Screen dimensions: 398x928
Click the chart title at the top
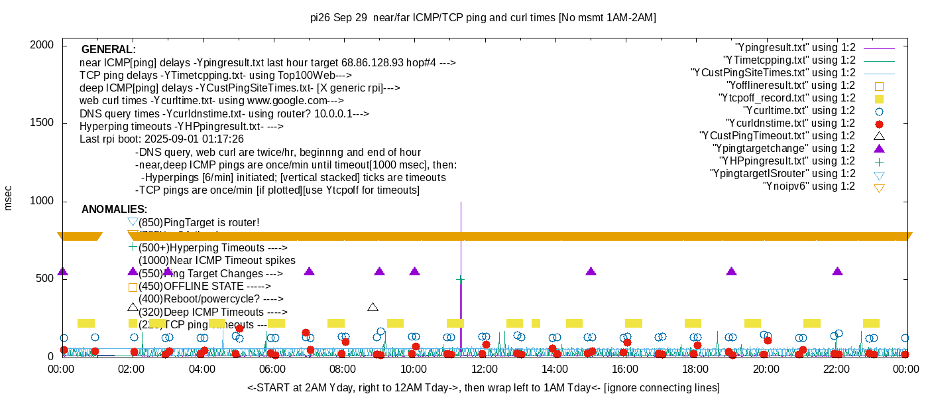pyautogui.click(x=483, y=18)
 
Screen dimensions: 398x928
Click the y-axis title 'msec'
pyautogui.click(x=9, y=198)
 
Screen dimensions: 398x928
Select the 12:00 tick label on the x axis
pyautogui.click(x=485, y=369)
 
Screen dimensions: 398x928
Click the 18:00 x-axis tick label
pyautogui.click(x=695, y=369)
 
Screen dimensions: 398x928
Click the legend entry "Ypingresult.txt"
pyautogui.click(x=795, y=48)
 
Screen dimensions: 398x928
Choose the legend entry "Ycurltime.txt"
pyautogui.click(x=799, y=111)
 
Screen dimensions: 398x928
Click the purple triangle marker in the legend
pyautogui.click(x=880, y=149)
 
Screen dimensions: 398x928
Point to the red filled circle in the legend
pyautogui.click(x=880, y=123)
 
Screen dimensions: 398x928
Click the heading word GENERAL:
pyautogui.click(x=109, y=50)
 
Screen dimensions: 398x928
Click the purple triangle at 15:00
pyautogui.click(x=591, y=271)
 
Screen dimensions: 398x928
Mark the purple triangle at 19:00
pyautogui.click(x=732, y=271)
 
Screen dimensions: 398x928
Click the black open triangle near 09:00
pyautogui.click(x=373, y=307)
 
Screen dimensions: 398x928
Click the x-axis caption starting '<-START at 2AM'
pyautogui.click(x=483, y=387)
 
